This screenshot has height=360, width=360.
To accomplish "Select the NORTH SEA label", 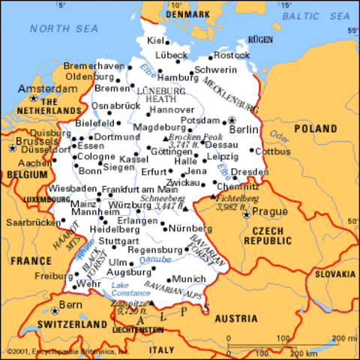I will tap(64, 29).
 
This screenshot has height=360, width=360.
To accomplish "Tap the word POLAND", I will tap(315, 129).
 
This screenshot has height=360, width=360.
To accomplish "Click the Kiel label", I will tap(156, 40).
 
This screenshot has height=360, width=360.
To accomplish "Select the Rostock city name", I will tap(232, 55).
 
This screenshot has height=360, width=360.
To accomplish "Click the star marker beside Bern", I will tap(55, 308).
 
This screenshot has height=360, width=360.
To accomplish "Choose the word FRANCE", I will tap(25, 260).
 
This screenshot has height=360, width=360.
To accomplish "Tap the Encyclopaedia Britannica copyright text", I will tap(67, 351).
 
